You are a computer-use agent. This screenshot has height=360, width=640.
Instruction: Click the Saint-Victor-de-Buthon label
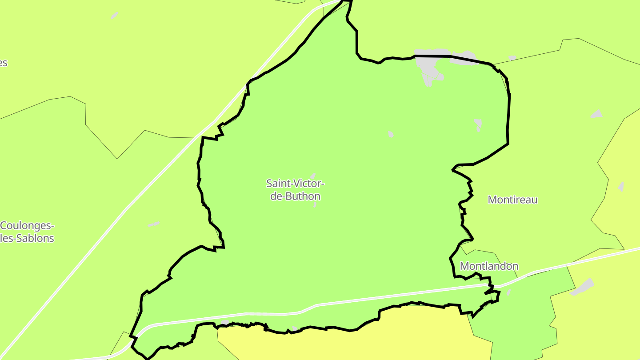click(x=295, y=189)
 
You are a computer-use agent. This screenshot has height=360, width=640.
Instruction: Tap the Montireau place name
click(x=512, y=200)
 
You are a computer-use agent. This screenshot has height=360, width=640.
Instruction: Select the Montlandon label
click(x=489, y=266)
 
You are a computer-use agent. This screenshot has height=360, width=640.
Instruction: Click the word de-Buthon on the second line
click(x=295, y=196)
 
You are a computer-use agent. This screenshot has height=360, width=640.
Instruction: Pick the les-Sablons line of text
click(x=27, y=238)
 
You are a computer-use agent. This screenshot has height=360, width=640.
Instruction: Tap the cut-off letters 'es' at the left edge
click(x=3, y=63)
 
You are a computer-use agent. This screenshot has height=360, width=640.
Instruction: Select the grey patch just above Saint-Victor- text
click(x=313, y=176)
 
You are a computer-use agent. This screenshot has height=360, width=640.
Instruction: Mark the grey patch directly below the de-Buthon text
click(x=315, y=205)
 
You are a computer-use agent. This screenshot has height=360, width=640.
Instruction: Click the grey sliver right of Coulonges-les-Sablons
click(x=154, y=224)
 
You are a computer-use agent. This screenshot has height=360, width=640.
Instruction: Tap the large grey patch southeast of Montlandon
click(x=582, y=287)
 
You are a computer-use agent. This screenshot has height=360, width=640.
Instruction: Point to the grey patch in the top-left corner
click(x=114, y=16)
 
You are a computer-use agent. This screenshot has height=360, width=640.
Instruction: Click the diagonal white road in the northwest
click(x=133, y=200)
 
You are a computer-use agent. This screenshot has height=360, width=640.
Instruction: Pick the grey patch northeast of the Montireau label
click(x=596, y=114)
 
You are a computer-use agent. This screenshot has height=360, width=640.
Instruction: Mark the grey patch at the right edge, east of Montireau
click(x=621, y=187)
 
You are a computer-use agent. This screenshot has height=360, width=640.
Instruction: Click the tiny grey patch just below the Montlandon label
click(x=508, y=292)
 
